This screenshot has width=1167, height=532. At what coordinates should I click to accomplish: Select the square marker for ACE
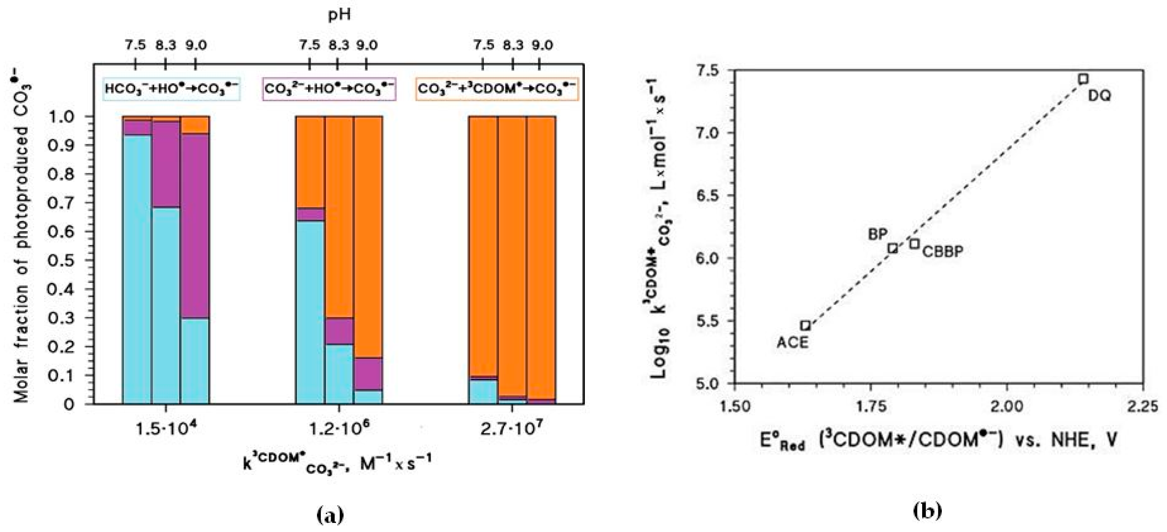click(805, 325)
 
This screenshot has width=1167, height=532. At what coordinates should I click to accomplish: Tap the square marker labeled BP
click(892, 248)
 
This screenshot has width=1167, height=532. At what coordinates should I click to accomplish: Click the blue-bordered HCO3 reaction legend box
click(171, 89)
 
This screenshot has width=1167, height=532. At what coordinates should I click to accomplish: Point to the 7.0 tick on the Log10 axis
click(710, 133)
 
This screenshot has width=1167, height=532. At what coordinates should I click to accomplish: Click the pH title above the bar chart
click(339, 15)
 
